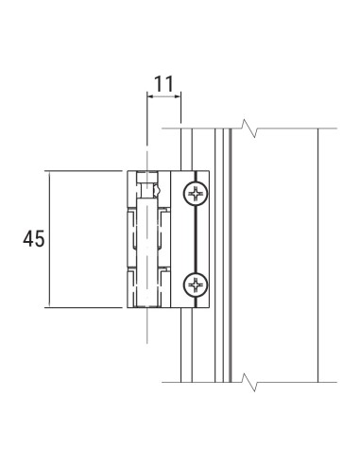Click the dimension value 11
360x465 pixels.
pos(163,83)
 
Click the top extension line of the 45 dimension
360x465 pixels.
pos(85,171)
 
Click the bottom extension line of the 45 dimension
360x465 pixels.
pos(85,308)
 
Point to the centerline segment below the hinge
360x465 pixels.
pos(146,326)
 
